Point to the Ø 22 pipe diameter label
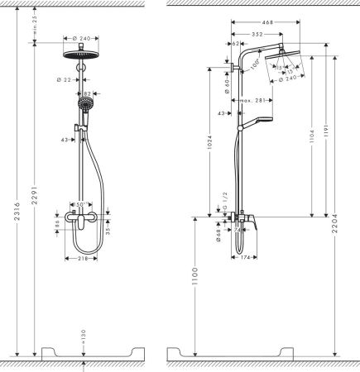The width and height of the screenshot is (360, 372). coord(67,79)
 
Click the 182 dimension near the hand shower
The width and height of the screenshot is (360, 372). coord(86,95)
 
